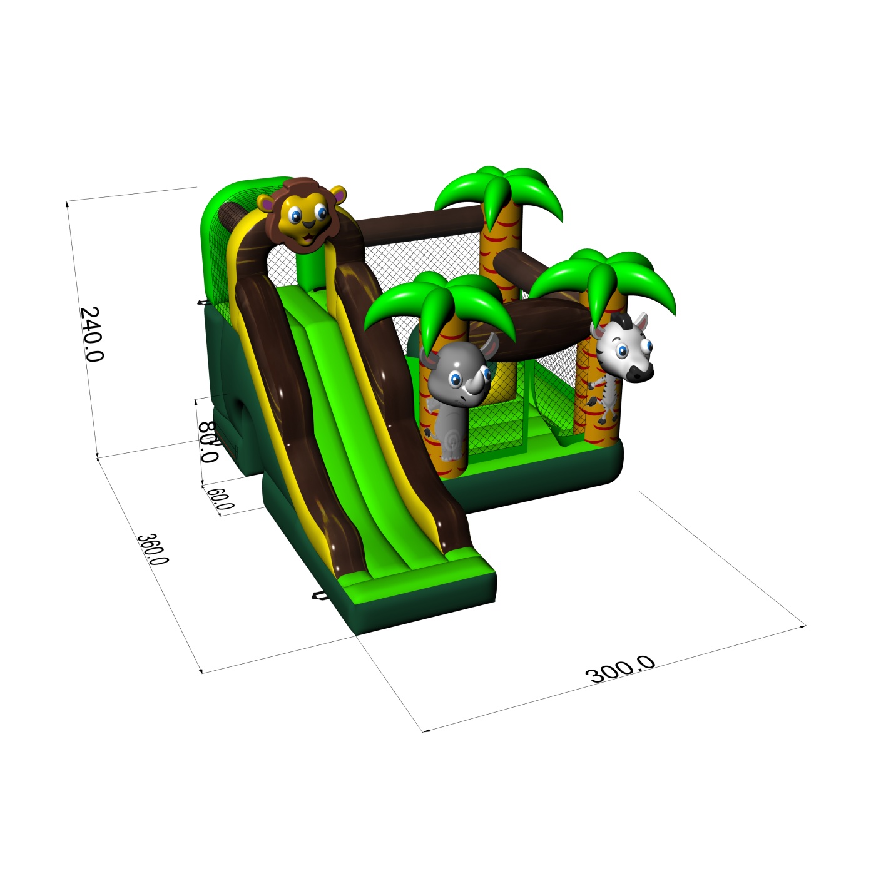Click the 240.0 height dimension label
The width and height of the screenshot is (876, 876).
tap(91, 334)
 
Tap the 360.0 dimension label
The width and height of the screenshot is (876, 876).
tap(153, 549)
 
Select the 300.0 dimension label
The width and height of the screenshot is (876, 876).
tap(620, 669)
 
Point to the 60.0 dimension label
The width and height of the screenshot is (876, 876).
tap(220, 499)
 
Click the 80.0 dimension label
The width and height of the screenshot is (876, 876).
tap(208, 442)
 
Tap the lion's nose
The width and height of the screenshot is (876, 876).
tap(308, 224)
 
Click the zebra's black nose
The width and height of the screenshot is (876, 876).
tap(639, 374)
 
